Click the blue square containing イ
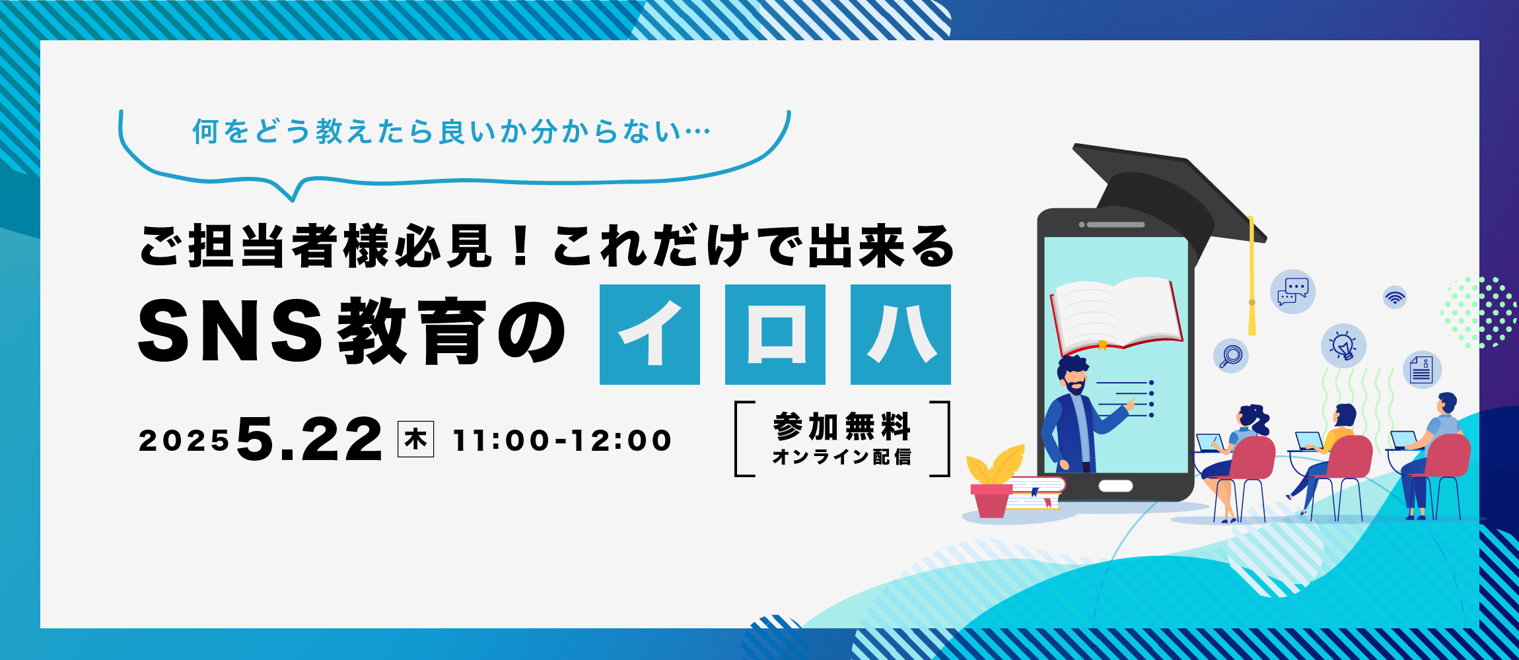tap(650, 335)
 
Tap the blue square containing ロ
tap(775, 335)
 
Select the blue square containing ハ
tap(901, 335)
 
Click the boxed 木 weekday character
tap(415, 440)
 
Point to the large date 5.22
tap(310, 440)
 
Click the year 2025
tap(184, 441)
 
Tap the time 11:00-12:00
tap(562, 440)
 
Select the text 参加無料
tap(842, 426)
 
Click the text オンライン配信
tap(842, 457)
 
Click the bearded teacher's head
tap(1073, 375)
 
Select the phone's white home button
tap(1115, 486)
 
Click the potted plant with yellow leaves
tap(994, 482)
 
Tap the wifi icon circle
tap(1395, 297)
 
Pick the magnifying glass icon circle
tap(1231, 356)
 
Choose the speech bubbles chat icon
tap(1292, 292)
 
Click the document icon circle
tap(1422, 370)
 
